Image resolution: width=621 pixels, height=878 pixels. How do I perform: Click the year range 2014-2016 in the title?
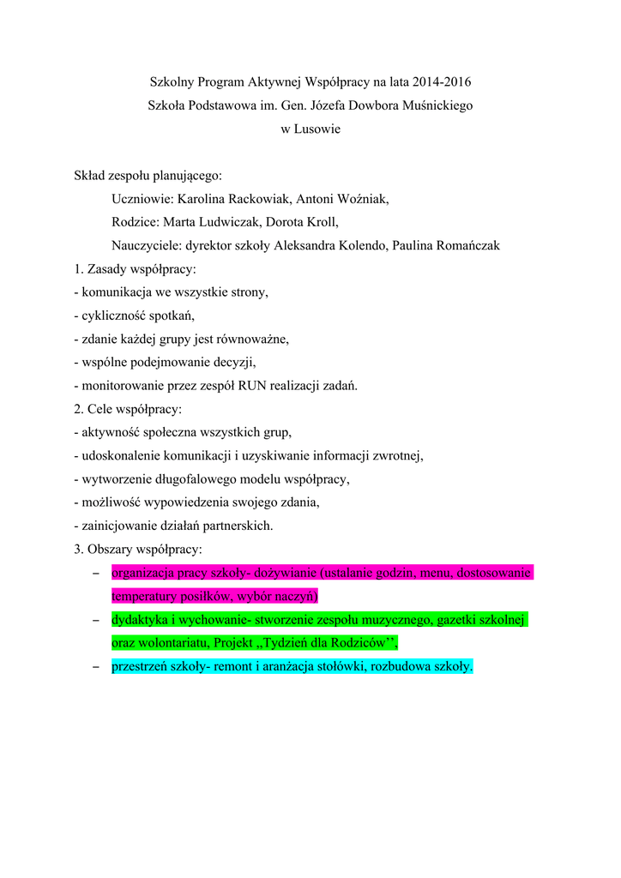(x=442, y=82)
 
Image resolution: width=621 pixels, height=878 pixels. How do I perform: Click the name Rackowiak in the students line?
(x=256, y=199)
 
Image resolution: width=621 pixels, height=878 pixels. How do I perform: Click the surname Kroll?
(x=321, y=222)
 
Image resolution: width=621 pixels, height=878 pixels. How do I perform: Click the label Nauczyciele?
(x=141, y=245)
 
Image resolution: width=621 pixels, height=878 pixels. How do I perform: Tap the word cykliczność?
(x=114, y=315)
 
